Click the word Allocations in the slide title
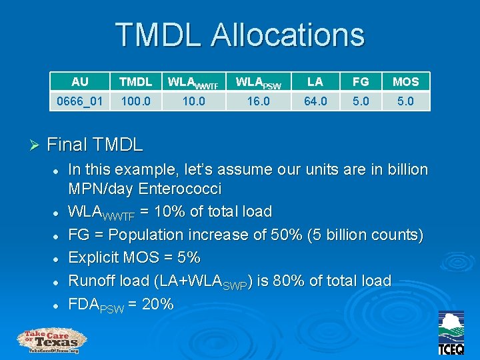[x=287, y=35]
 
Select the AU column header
[x=80, y=81]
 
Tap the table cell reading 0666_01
[x=80, y=101]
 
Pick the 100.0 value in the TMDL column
[x=135, y=101]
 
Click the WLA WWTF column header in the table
[x=193, y=82]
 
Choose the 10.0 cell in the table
[x=193, y=101]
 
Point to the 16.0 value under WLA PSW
[x=258, y=101]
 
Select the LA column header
[x=315, y=81]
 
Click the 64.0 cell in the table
[x=315, y=101]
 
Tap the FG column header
[x=361, y=81]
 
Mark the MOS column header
[x=405, y=81]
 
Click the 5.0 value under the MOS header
[x=405, y=101]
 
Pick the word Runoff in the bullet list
[x=93, y=281]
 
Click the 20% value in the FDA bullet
[x=157, y=304]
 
